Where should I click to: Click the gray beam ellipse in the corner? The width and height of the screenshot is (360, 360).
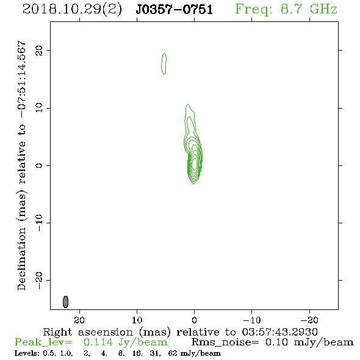click(66, 302)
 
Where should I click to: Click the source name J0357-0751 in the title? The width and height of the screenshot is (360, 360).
click(175, 9)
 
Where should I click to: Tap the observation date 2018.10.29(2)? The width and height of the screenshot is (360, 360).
click(72, 9)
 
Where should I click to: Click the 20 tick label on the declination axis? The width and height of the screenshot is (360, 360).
click(39, 51)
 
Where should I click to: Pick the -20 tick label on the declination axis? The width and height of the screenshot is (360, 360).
click(39, 281)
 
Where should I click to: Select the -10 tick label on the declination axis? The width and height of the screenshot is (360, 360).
click(39, 223)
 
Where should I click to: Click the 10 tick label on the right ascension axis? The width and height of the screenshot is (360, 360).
click(137, 320)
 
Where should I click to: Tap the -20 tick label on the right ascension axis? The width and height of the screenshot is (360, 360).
click(309, 320)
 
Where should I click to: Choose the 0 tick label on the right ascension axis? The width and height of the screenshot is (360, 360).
click(195, 320)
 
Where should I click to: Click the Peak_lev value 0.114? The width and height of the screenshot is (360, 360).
click(98, 342)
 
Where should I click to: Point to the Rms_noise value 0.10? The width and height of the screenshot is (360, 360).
click(276, 342)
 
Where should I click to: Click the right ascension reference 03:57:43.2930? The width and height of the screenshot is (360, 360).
click(279, 332)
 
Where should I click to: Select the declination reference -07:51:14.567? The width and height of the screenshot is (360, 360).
click(22, 80)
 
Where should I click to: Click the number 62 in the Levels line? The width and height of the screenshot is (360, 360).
click(173, 353)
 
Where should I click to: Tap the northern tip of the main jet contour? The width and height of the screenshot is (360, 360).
click(189, 105)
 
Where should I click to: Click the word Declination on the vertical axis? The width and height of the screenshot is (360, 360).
click(22, 259)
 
